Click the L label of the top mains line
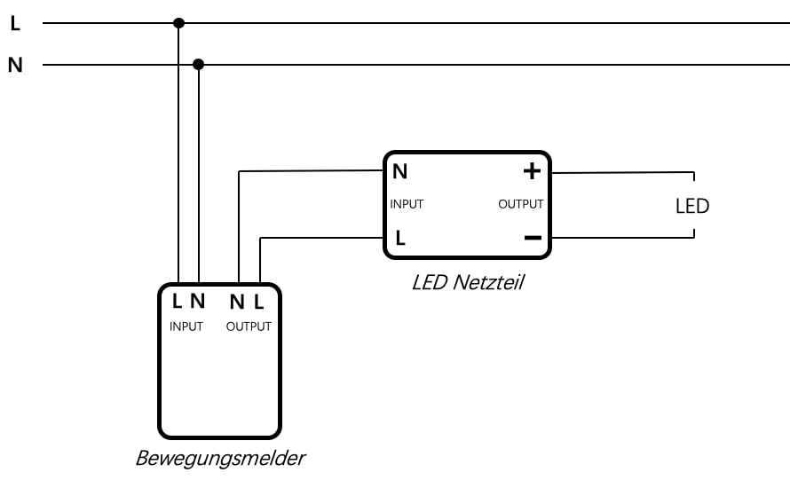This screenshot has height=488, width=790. click(x=14, y=24)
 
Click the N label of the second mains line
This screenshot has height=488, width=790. click(x=15, y=66)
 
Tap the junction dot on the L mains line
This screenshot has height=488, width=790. click(x=178, y=23)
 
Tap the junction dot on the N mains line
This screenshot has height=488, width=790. click(x=199, y=65)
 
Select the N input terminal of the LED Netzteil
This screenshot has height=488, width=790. click(x=400, y=171)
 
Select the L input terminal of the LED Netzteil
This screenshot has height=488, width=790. click(x=400, y=238)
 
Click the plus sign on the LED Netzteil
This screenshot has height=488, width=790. click(x=532, y=171)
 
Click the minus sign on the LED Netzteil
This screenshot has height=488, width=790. click(x=532, y=238)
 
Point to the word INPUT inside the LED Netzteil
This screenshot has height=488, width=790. click(x=407, y=204)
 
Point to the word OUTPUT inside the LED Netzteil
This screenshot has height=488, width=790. click(x=520, y=204)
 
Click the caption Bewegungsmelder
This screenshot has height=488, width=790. click(x=220, y=459)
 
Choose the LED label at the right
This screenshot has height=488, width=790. click(x=692, y=206)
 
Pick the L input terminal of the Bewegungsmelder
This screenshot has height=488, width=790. click(x=178, y=302)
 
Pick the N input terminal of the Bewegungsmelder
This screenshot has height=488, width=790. click(x=197, y=302)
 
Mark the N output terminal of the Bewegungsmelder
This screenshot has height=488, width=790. click(x=237, y=302)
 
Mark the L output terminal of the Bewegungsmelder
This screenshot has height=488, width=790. click(x=258, y=302)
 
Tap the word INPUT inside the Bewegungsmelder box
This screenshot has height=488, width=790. click(x=186, y=327)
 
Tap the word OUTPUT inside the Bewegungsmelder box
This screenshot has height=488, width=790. click(x=249, y=327)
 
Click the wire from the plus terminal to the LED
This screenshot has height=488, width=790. click(x=621, y=172)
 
